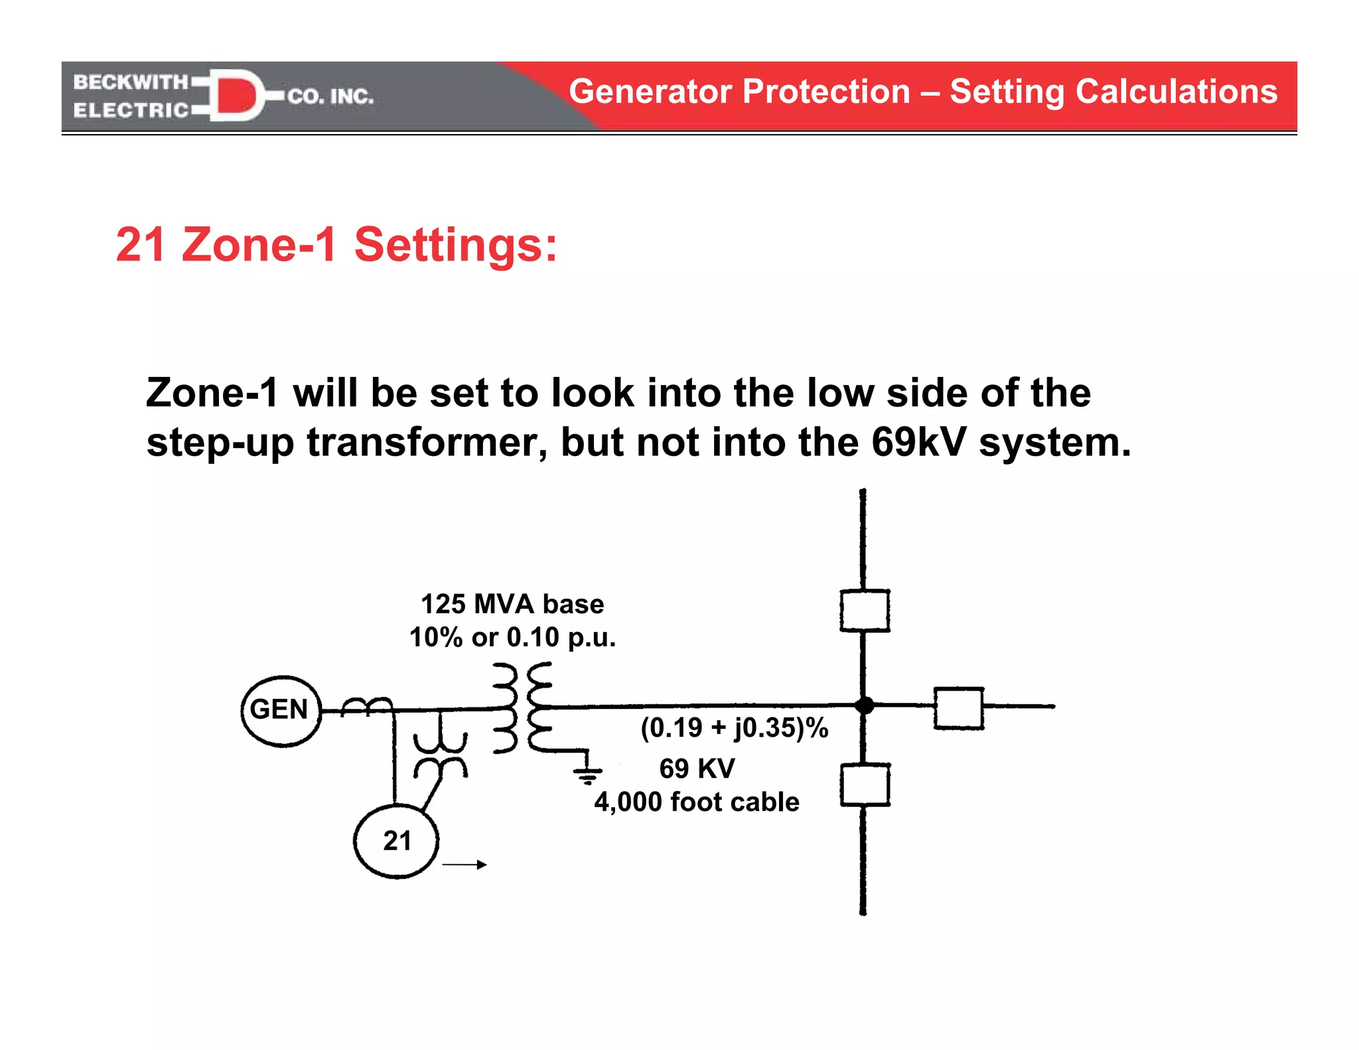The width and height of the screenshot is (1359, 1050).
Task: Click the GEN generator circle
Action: click(x=281, y=711)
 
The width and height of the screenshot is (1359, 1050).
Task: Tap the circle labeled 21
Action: click(x=396, y=841)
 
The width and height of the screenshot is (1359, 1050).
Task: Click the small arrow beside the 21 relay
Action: click(x=465, y=864)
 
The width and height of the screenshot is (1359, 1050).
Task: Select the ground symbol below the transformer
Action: click(x=588, y=774)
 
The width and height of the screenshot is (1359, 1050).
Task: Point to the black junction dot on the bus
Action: click(x=864, y=706)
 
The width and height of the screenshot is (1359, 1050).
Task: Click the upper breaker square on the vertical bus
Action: click(x=865, y=611)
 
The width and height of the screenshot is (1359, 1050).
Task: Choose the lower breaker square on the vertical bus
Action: click(x=865, y=785)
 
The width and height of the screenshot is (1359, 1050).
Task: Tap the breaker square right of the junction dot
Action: click(x=959, y=708)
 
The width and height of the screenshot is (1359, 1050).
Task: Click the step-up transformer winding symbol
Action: click(x=522, y=708)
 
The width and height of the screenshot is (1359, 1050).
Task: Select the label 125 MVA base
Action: click(x=512, y=604)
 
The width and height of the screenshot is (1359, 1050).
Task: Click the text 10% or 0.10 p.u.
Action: click(x=512, y=637)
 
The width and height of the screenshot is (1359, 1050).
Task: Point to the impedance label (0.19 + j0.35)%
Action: click(x=735, y=728)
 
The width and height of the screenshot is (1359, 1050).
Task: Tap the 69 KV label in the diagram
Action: click(x=697, y=769)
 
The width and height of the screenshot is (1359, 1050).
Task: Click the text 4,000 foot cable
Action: click(x=697, y=802)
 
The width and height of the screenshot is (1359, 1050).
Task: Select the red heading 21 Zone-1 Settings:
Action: click(x=336, y=245)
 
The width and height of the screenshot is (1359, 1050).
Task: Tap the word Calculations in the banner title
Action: click(x=1176, y=92)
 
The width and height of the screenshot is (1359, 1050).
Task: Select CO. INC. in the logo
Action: click(x=330, y=97)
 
